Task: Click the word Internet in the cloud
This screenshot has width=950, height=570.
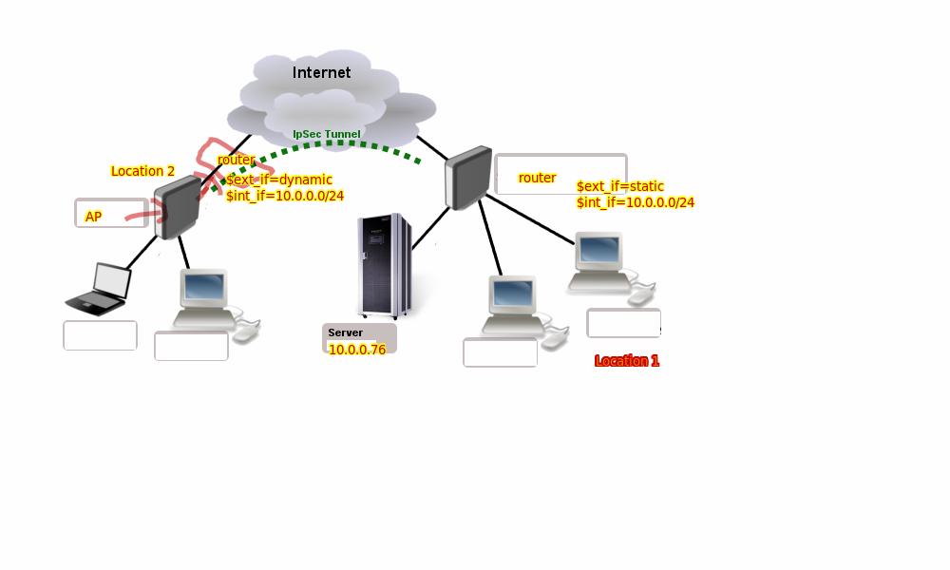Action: pos(321,72)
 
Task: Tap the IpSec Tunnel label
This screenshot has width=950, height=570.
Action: pos(326,135)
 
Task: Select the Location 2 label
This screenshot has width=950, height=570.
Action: pos(142,171)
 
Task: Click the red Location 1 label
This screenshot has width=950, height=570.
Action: pos(626,361)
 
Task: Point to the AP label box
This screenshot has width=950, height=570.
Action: pos(111,214)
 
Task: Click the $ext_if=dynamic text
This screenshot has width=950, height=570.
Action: pos(278,180)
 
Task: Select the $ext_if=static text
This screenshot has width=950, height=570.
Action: pos(619,186)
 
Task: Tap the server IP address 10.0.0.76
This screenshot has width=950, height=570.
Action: pos(357,350)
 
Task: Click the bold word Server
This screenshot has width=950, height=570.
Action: pos(345,332)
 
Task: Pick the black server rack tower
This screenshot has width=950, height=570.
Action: pos(384,266)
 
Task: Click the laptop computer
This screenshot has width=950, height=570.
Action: pos(101,289)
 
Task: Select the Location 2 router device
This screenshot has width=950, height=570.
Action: pos(177,206)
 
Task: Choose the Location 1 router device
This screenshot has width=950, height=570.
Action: pos(468,178)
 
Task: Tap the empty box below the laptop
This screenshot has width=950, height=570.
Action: pos(100,335)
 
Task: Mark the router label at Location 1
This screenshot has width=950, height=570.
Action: pos(537,178)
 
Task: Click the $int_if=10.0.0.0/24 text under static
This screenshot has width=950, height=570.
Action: pos(635,202)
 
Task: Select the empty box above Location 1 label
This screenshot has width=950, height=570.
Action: pos(623,323)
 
